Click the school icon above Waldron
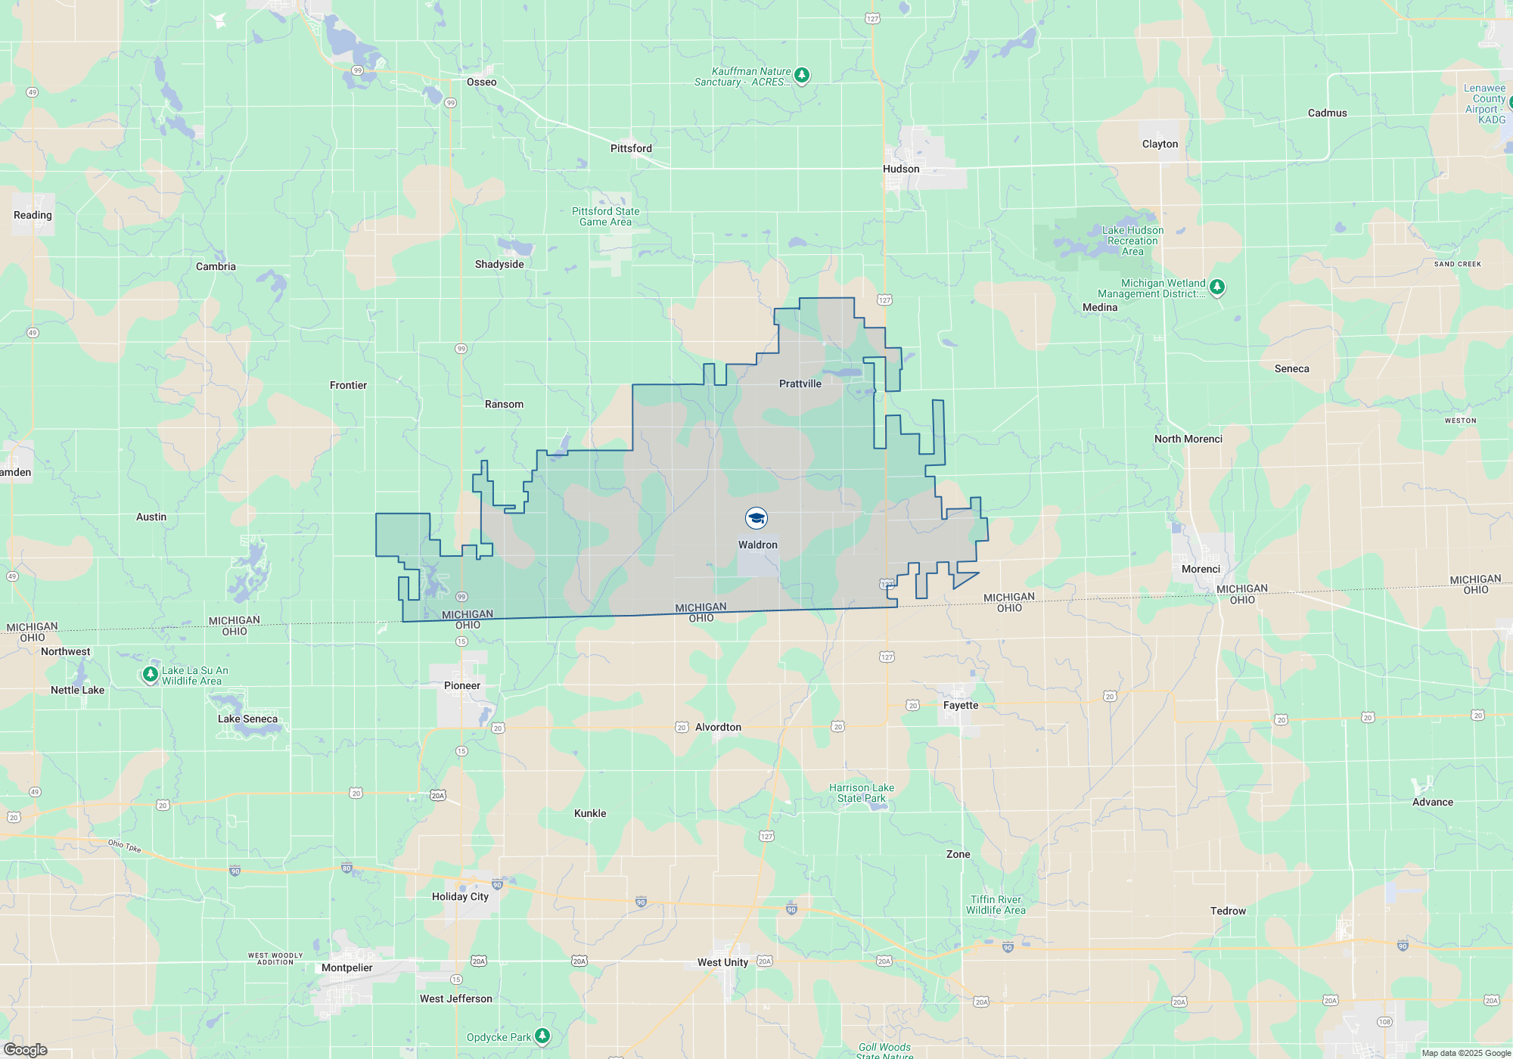756,518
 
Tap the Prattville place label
800,384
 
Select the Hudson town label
901,169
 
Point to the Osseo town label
481,82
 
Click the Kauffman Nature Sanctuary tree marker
802,76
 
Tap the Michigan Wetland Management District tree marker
1216,287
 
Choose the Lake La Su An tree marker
151,674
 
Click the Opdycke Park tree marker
542,1036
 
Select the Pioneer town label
461,686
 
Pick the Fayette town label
961,706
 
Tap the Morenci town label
1201,570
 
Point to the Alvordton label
718,728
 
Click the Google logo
26,1049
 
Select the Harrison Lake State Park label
861,793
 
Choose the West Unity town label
722,963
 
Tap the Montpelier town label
346,968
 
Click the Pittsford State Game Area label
605,217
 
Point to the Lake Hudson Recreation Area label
1132,241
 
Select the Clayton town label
1160,144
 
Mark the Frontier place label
348,386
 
